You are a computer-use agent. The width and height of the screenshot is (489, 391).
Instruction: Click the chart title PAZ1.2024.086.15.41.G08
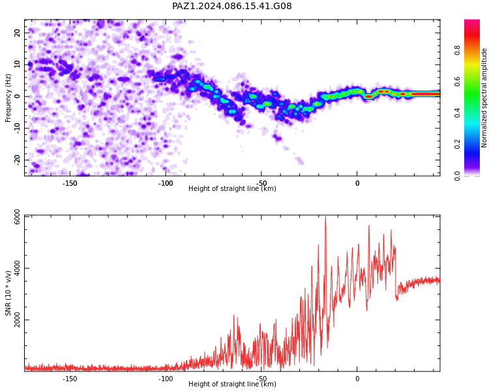click(x=232, y=7)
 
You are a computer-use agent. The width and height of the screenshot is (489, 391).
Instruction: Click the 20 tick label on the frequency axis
click(x=17, y=33)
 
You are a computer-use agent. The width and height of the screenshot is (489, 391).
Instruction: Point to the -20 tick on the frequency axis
click(x=17, y=160)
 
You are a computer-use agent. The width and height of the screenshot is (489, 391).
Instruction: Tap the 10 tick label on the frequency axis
click(x=17, y=65)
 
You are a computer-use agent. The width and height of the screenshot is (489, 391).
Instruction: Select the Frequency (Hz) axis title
click(x=8, y=98)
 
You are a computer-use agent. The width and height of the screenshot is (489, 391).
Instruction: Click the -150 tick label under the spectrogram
click(x=70, y=183)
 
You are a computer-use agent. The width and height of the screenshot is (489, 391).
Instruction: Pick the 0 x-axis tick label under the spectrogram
click(x=357, y=183)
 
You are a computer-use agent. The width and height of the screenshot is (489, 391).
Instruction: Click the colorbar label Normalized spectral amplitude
click(x=484, y=98)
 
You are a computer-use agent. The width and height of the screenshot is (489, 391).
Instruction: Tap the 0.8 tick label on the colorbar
click(x=457, y=50)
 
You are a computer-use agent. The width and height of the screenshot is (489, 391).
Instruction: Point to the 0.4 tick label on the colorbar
click(x=457, y=113)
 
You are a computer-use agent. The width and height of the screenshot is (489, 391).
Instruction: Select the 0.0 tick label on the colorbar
click(x=457, y=176)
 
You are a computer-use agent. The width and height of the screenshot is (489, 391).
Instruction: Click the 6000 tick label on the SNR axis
click(x=17, y=216)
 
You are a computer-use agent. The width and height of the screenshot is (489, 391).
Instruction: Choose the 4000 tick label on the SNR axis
click(x=17, y=268)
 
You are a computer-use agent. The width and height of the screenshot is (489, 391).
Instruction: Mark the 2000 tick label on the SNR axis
click(x=17, y=320)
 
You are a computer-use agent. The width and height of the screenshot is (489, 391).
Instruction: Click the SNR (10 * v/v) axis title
click(x=8, y=293)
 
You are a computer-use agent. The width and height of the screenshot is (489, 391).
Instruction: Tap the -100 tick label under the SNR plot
click(x=166, y=379)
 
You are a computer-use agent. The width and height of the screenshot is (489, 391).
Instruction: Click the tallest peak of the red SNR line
click(x=325, y=216)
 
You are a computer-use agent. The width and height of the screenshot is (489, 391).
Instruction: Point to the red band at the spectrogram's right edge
click(x=426, y=94)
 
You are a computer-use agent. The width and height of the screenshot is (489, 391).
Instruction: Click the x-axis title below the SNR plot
click(x=232, y=384)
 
